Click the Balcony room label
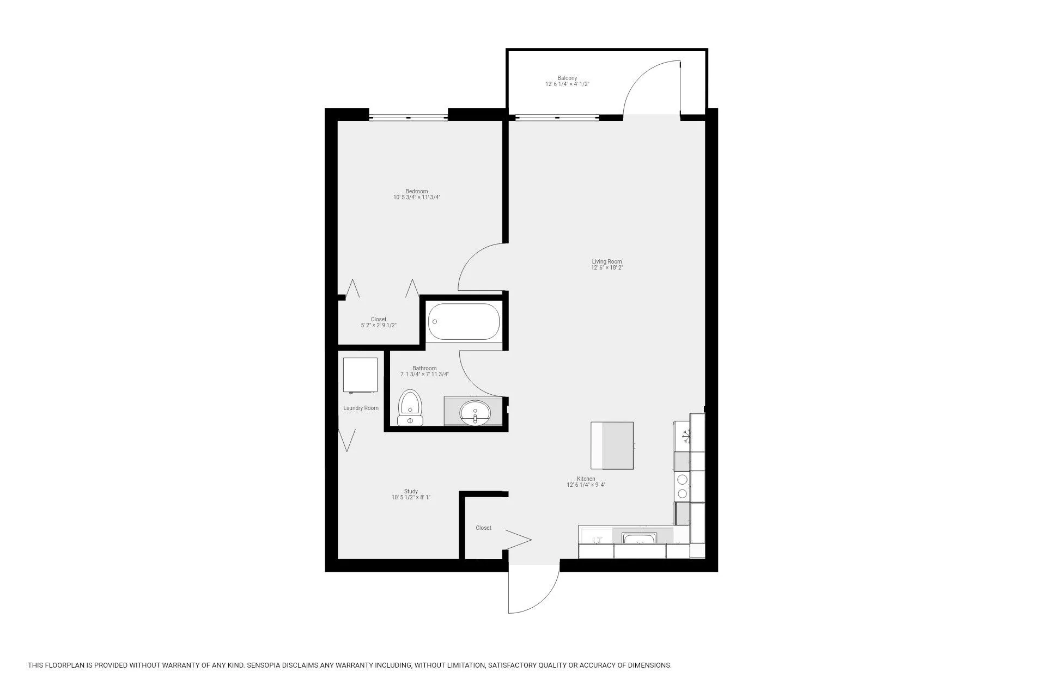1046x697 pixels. (x=567, y=78)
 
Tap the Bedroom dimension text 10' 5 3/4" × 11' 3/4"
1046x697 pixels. (x=417, y=198)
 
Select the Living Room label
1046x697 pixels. (x=607, y=261)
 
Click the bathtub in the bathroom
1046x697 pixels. (x=463, y=321)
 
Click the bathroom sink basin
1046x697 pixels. (x=475, y=412)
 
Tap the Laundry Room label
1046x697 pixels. (x=361, y=408)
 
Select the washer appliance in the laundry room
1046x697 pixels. (x=360, y=375)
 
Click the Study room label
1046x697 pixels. (x=411, y=491)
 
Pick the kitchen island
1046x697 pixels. (x=612, y=445)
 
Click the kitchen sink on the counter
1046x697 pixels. (x=641, y=539)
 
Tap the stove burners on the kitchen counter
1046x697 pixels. (x=682, y=486)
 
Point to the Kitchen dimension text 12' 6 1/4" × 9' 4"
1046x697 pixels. (x=586, y=485)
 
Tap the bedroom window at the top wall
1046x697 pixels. (x=409, y=117)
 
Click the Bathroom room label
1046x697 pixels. (x=424, y=368)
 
